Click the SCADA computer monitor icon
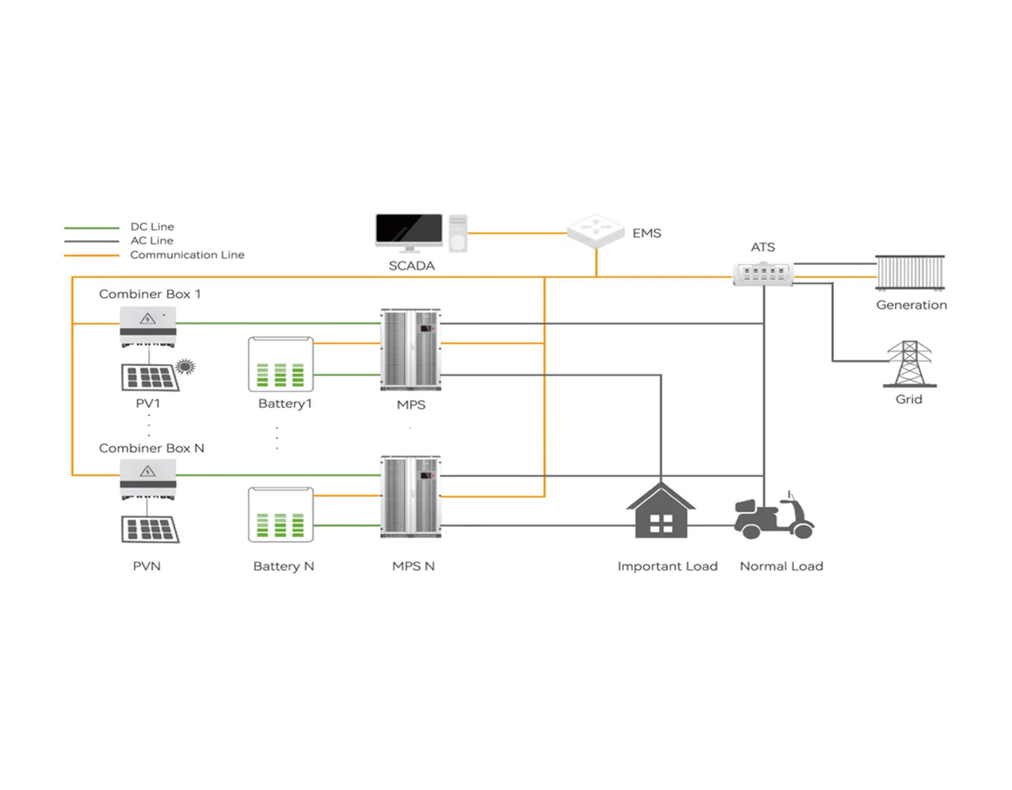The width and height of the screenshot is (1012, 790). tap(409, 231)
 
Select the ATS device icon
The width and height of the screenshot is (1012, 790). tap(763, 274)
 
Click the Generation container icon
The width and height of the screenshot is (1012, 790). tap(910, 273)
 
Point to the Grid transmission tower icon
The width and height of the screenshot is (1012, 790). tap(909, 364)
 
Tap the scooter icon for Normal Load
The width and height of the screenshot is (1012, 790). tap(774, 515)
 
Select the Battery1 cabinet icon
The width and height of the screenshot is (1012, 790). tap(281, 364)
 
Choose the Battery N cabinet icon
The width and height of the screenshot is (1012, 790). tap(281, 515)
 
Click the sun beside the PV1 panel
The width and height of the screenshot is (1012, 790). tap(186, 366)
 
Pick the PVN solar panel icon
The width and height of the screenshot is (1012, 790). tap(150, 529)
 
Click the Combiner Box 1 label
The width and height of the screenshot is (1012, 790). tap(150, 294)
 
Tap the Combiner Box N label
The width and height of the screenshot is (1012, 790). tap(151, 449)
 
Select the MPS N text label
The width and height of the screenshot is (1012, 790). tap(414, 566)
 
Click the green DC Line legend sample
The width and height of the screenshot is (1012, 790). tap(92, 227)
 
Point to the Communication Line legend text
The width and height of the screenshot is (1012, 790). tap(187, 255)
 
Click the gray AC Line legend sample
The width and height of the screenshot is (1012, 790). tap(92, 241)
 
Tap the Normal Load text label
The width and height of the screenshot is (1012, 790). tap(781, 566)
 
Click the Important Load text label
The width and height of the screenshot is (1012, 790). tap(667, 566)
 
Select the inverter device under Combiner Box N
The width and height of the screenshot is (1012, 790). tap(148, 478)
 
